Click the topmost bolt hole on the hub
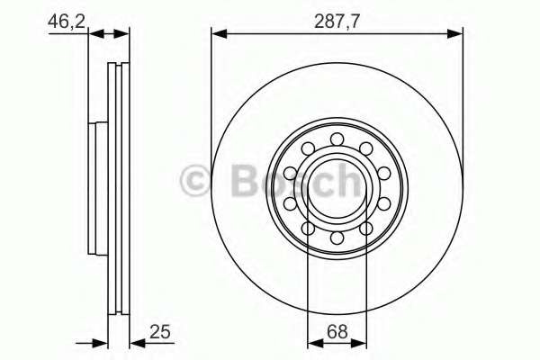tap(337, 139)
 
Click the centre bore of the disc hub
tap(337, 188)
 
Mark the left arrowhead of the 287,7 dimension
tap(218, 34)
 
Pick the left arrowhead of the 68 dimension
tap(314, 342)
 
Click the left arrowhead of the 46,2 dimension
tap(98, 34)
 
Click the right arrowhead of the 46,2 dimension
tap(122, 34)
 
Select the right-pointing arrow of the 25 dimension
tap(102, 342)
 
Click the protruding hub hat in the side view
tap(94, 189)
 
